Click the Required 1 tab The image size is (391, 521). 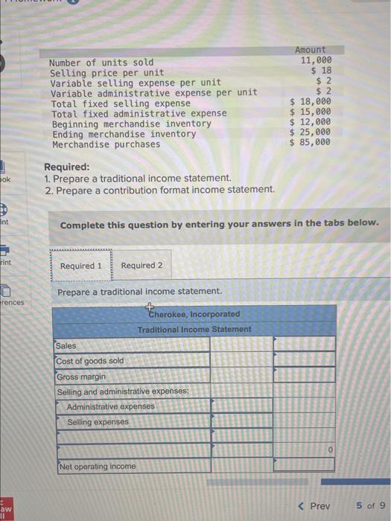[x=81, y=266]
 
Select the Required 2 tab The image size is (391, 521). [x=142, y=266]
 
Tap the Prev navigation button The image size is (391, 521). [x=314, y=506]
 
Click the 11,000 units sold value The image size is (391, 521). [x=316, y=61]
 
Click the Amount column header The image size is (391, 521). [x=311, y=50]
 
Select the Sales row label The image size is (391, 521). [x=66, y=346]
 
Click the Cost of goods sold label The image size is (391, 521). [x=90, y=361]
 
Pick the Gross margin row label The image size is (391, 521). [x=81, y=377]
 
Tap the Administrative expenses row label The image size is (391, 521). [x=111, y=407]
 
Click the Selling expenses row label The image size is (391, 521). [x=98, y=422]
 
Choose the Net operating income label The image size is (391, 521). [x=98, y=467]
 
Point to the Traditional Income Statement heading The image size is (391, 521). [x=194, y=329]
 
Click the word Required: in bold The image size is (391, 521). [x=66, y=167]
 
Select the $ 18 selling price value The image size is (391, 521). [x=321, y=71]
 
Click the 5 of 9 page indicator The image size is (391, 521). [x=370, y=506]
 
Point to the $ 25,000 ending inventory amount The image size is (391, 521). [x=310, y=133]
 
